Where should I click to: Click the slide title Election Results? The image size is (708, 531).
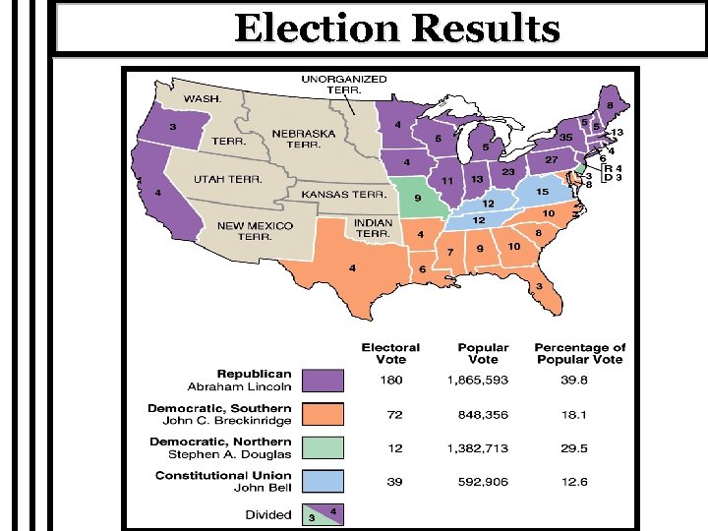tap(397, 29)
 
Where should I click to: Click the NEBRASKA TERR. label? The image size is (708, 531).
tap(303, 139)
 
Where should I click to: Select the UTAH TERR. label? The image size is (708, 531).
tap(227, 179)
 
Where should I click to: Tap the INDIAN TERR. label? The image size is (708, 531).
tap(373, 228)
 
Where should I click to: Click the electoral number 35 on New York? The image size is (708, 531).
tap(566, 137)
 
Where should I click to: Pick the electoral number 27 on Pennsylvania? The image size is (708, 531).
tap(553, 159)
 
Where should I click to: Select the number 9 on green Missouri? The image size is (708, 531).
tap(416, 199)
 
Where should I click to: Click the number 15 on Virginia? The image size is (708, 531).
tap(542, 191)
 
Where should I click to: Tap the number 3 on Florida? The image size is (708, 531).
tap(538, 286)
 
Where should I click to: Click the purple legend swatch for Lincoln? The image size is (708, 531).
tap(323, 380)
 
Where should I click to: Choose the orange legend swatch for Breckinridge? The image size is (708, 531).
tap(323, 414)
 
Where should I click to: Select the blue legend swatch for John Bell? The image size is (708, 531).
tap(323, 482)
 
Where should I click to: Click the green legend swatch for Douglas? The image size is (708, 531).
tap(323, 448)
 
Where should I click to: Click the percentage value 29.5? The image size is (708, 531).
tap(579, 448)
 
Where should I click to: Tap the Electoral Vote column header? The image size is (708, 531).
tap(390, 353)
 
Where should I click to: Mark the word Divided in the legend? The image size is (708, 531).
tap(268, 514)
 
